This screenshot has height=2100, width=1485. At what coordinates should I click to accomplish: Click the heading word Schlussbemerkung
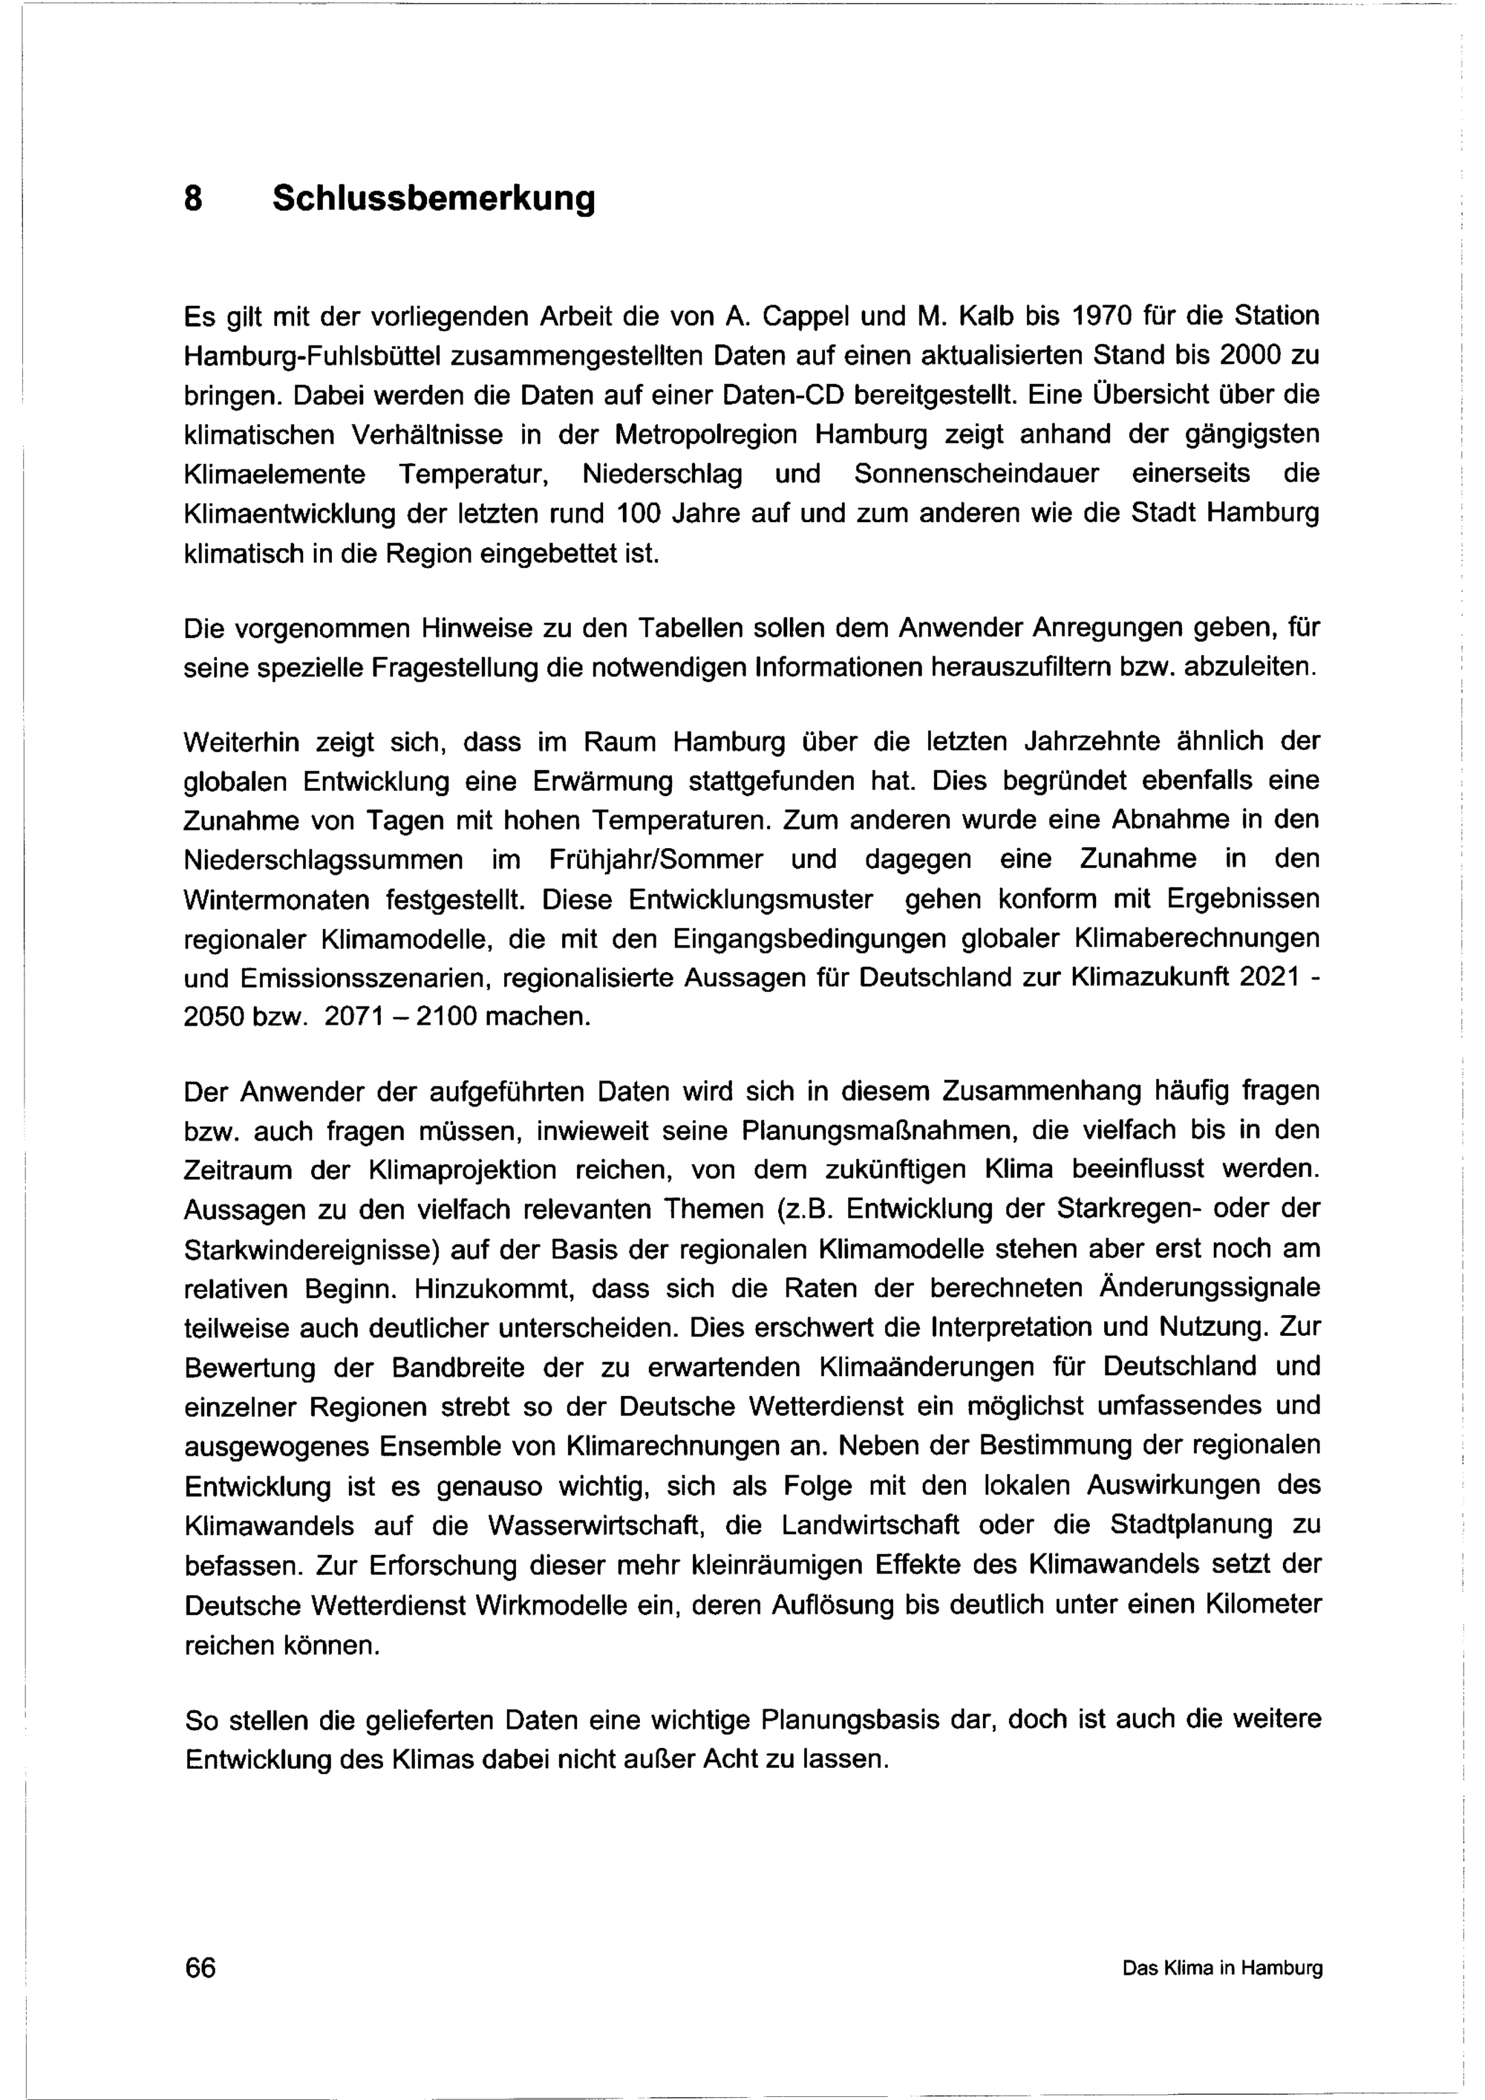434,198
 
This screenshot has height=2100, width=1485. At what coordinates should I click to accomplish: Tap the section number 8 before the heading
193,198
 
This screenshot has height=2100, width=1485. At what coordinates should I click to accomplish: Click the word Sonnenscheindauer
976,474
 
